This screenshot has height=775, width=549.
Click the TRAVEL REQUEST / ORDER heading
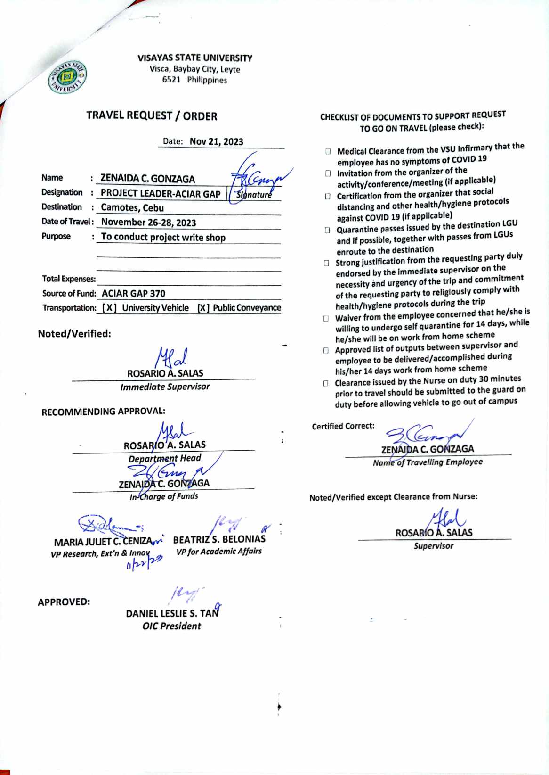point(152,116)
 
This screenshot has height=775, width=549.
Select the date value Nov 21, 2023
point(216,141)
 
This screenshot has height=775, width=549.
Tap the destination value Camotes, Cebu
point(132,208)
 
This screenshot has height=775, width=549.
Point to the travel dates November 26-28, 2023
point(148,223)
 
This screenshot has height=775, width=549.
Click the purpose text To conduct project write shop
point(163,237)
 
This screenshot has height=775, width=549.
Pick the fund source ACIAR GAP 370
point(133,293)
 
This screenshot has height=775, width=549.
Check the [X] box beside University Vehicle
point(109,308)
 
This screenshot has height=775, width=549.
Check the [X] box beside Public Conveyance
point(203,308)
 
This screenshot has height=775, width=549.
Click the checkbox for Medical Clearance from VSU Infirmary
point(328,152)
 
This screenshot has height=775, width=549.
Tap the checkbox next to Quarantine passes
point(327,230)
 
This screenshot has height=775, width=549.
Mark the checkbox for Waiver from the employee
point(326,318)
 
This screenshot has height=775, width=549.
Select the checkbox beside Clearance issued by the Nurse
point(326,383)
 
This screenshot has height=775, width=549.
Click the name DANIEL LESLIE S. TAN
point(172,613)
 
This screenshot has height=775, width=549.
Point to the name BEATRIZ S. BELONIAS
point(219,539)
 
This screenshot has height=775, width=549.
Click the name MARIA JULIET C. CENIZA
point(103,542)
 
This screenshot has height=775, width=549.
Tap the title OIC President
point(171,626)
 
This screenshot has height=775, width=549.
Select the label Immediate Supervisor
point(165,387)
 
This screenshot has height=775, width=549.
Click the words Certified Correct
point(343,426)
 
